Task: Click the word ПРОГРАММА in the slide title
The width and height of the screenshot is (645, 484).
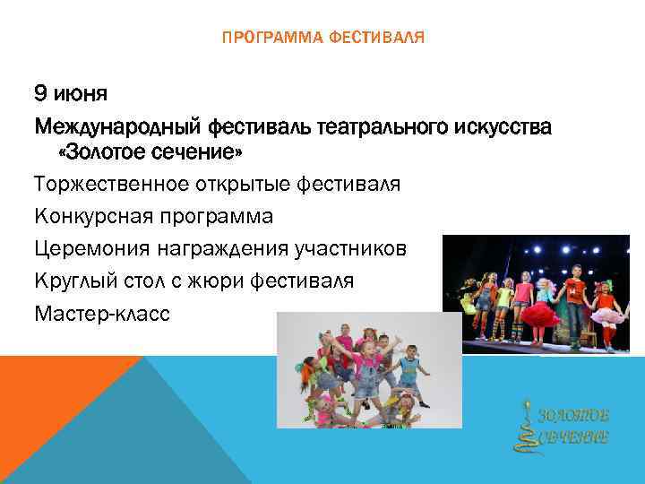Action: click(262, 38)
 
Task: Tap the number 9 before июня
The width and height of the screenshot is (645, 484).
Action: click(40, 93)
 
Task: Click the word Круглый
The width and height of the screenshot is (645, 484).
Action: click(75, 281)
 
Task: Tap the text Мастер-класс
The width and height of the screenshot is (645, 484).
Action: click(100, 314)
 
